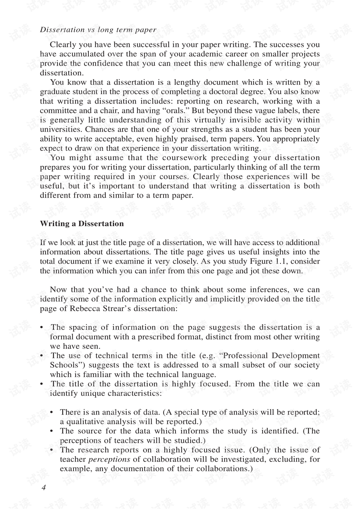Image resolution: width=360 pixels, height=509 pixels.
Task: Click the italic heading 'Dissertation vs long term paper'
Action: click(98, 30)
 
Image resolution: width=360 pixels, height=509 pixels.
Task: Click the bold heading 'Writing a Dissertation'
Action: click(82, 224)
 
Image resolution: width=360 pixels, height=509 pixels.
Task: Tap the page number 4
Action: click(43, 488)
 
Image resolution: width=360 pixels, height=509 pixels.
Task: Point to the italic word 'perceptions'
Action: click(109, 459)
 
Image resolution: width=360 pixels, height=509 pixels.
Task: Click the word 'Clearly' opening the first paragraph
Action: click(63, 45)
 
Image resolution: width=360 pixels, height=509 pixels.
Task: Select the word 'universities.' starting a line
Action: click(61, 129)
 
